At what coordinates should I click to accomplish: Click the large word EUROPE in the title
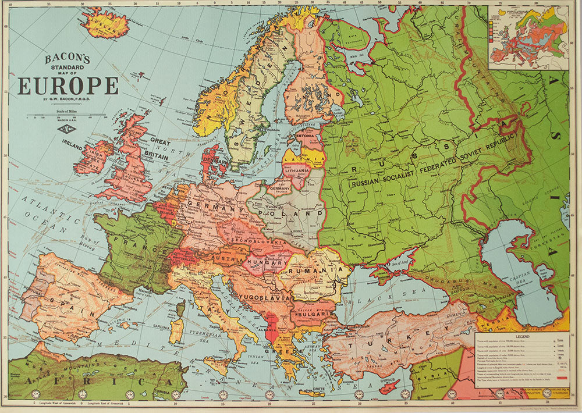pos(68,86)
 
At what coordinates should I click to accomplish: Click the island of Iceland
pos(105,24)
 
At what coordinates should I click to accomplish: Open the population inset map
pos(528,37)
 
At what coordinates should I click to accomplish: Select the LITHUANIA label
pos(297,170)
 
